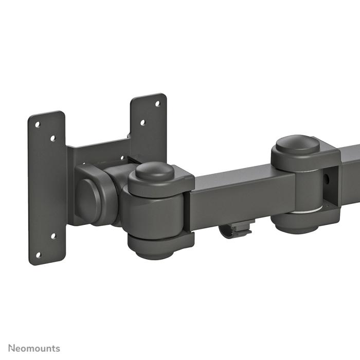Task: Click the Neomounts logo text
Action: coord(33,348)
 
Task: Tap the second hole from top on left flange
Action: coord(52,138)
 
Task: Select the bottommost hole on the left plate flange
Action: coord(38,254)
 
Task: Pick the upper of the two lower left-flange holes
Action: coord(52,237)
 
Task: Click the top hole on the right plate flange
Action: coord(157,103)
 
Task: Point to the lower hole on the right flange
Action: coord(142,123)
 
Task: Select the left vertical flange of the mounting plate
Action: coord(47,188)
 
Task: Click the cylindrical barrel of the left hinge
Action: coord(154,211)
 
